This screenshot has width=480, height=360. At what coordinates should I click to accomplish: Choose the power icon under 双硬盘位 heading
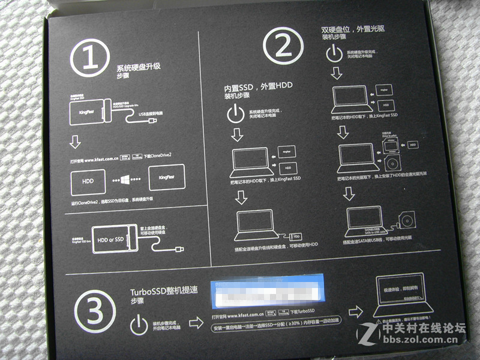click(x=335, y=55)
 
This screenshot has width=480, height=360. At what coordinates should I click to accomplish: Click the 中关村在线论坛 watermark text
click(x=424, y=329)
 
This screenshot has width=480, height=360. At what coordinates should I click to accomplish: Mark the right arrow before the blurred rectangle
click(x=196, y=323)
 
